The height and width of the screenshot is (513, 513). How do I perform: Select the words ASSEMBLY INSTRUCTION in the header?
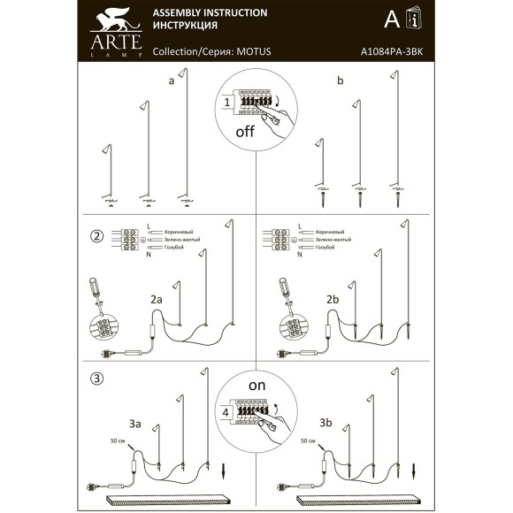pyautogui.click(x=211, y=13)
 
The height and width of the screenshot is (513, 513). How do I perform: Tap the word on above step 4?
pyautogui.click(x=256, y=385)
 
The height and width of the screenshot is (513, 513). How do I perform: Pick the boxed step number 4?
pyautogui.click(x=226, y=412)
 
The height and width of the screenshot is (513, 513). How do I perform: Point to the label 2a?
pyautogui.click(x=156, y=301)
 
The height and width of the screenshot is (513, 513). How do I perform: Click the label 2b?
pyautogui.click(x=333, y=301)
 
